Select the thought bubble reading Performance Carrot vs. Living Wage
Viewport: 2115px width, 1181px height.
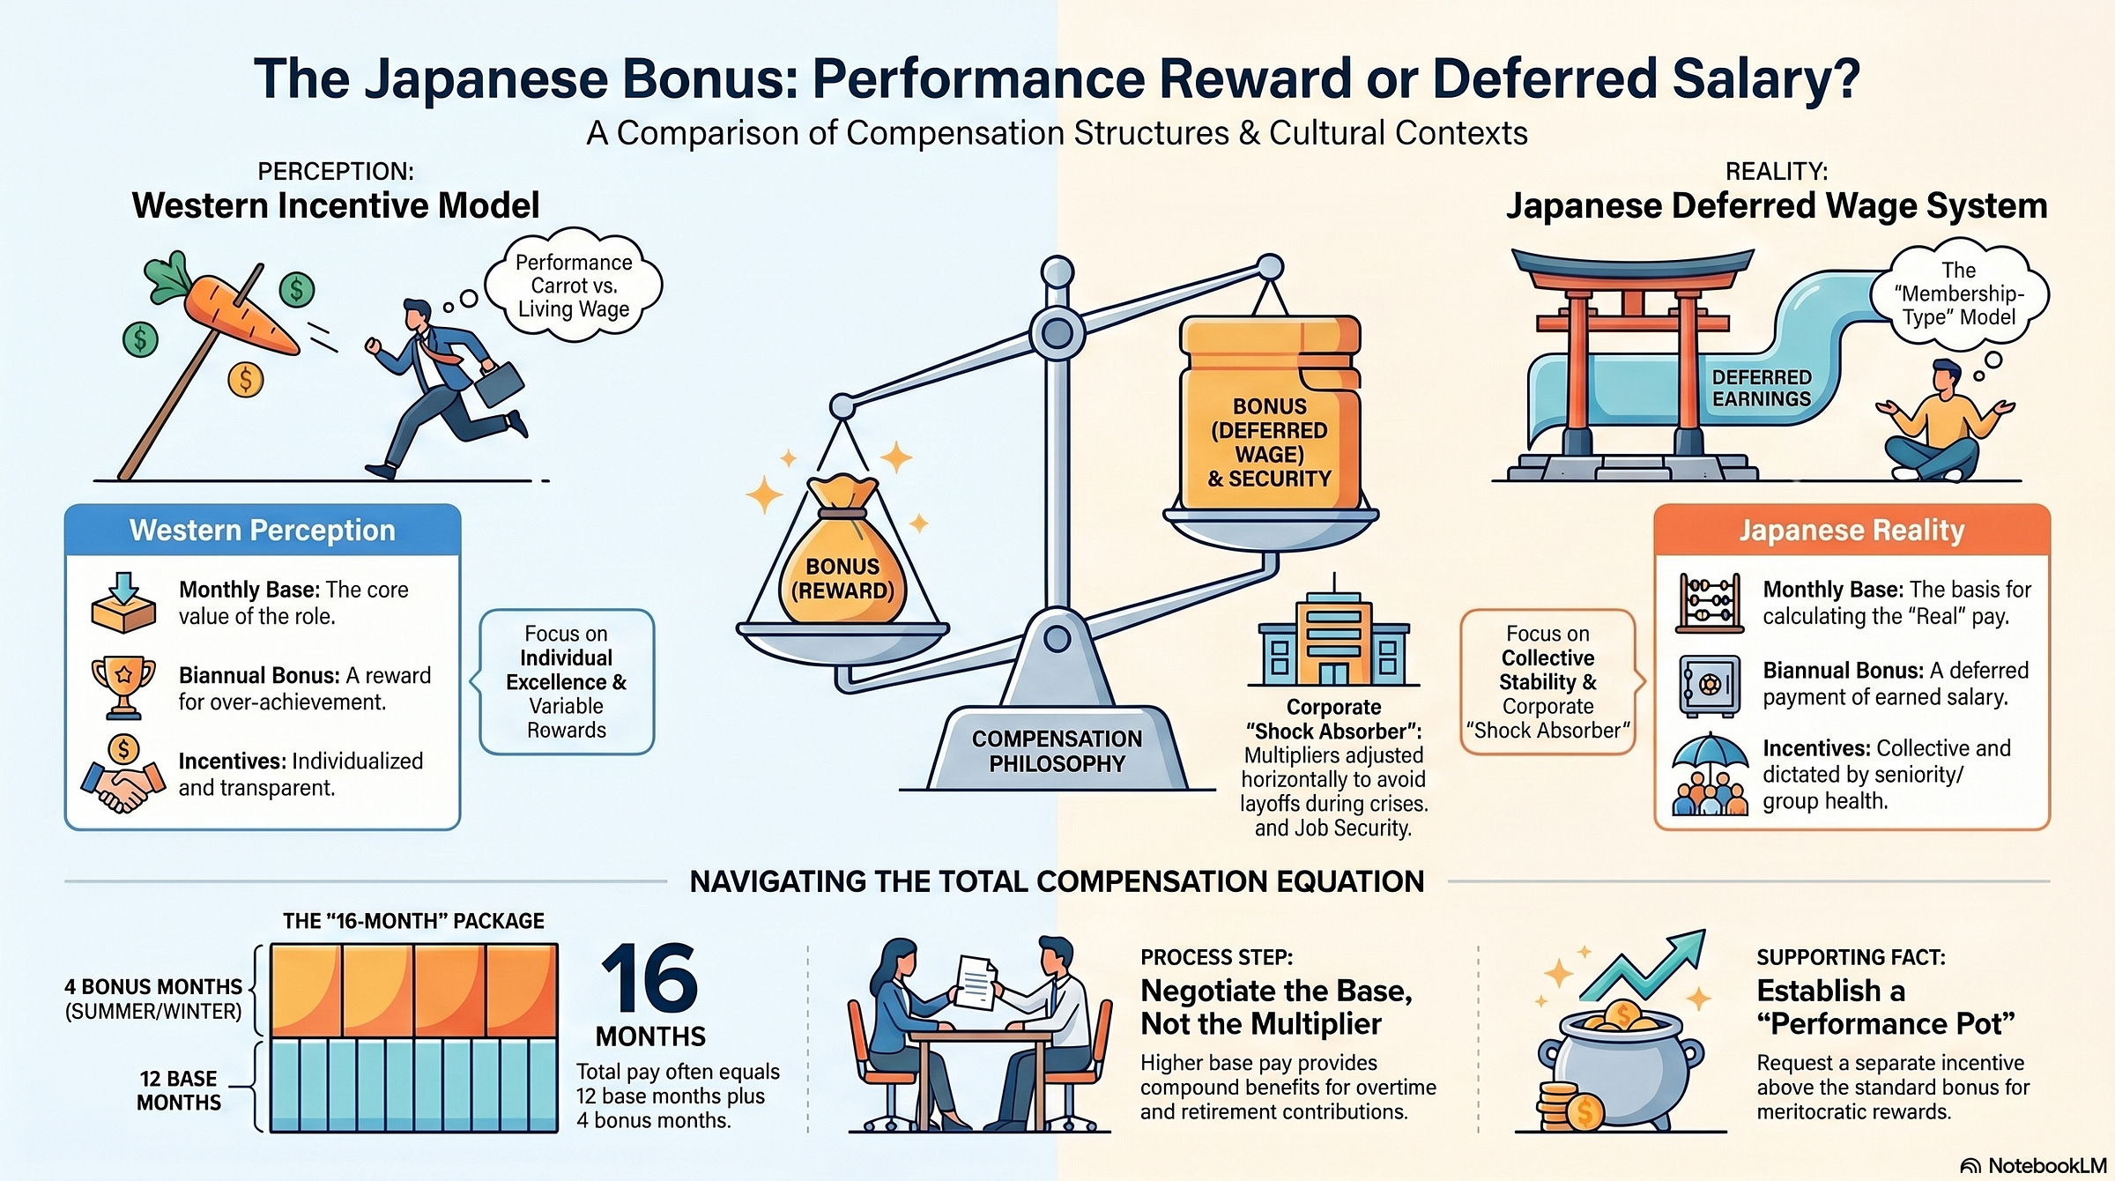click(x=574, y=286)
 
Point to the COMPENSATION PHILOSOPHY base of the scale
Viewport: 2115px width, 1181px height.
click(x=1057, y=750)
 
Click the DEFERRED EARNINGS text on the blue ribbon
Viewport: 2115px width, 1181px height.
click(x=1761, y=388)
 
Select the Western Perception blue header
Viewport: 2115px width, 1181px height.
click(x=263, y=531)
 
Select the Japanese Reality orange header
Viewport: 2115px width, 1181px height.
click(x=1852, y=531)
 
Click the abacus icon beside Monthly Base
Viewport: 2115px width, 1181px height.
click(x=1710, y=604)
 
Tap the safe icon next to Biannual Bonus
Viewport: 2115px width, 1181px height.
click(x=1710, y=685)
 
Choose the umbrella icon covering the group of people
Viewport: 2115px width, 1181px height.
click(x=1710, y=758)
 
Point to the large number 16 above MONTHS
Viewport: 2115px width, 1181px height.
click(x=649, y=979)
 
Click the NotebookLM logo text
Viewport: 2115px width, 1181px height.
click(x=2045, y=1165)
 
